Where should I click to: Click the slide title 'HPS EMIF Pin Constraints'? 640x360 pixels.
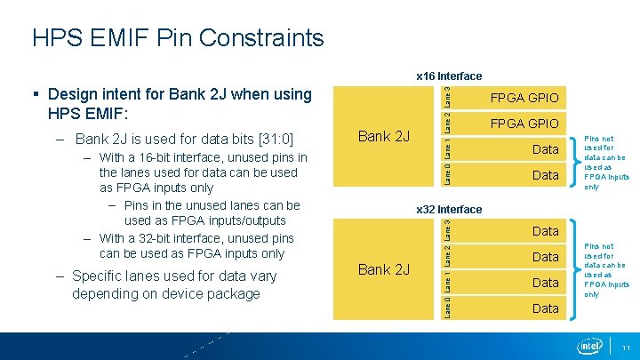[178, 38]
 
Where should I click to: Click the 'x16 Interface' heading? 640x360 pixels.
[449, 76]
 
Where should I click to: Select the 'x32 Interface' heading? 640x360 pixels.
[449, 210]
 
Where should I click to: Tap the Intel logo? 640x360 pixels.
[589, 346]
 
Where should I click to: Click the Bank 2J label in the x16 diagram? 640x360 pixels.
[383, 136]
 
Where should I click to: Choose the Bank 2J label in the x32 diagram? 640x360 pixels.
[383, 269]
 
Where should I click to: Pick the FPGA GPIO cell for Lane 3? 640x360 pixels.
[524, 97]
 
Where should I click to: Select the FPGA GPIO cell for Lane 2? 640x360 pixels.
[524, 123]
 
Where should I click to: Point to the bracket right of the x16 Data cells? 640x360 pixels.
[570, 162]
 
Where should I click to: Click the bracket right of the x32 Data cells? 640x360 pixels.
[570, 269]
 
